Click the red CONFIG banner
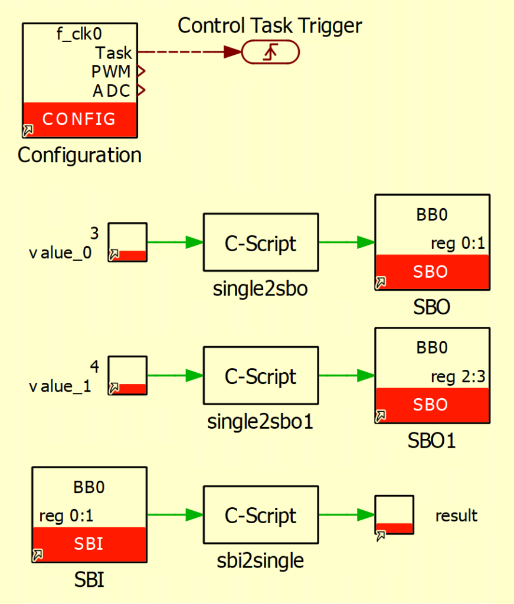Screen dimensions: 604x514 click(x=80, y=119)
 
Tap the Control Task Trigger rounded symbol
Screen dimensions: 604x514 click(x=270, y=53)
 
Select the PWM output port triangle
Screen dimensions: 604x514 click(x=140, y=72)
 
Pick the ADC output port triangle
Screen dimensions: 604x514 click(x=140, y=91)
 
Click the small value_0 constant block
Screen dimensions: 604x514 click(x=127, y=242)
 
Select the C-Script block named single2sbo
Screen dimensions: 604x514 click(x=260, y=242)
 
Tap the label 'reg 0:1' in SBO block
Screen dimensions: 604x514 click(x=457, y=244)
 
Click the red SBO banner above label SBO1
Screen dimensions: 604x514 click(x=432, y=405)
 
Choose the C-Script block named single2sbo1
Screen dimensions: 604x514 click(x=260, y=376)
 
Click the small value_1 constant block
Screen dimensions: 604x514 click(x=127, y=375)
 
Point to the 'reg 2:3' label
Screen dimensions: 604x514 click(x=457, y=377)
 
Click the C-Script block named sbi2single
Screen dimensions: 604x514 click(x=260, y=515)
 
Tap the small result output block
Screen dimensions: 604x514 click(x=394, y=515)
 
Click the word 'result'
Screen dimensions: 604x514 click(x=456, y=516)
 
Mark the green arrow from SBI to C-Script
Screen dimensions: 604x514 click(x=175, y=515)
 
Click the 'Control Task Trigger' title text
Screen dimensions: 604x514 click(x=270, y=25)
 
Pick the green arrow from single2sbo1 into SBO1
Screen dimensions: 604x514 click(x=347, y=376)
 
